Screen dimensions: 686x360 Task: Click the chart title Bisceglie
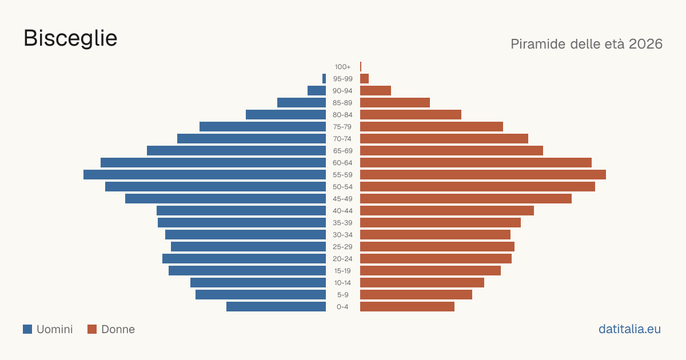(70, 39)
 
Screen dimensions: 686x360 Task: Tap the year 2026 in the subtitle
(645, 44)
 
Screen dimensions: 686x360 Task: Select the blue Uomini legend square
(27, 329)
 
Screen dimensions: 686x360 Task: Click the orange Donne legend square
(92, 329)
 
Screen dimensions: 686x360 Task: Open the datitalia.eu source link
(629, 329)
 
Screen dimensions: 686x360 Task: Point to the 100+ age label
(342, 67)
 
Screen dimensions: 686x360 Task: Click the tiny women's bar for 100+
(361, 66)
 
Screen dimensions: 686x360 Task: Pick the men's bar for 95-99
(324, 79)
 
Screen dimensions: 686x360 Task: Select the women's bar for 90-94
(376, 91)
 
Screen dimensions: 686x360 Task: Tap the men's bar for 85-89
(302, 102)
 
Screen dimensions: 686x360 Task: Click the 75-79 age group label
(342, 127)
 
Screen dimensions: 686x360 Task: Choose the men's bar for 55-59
(205, 174)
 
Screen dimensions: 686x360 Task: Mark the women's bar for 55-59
(483, 174)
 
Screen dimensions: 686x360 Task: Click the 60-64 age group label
(342, 163)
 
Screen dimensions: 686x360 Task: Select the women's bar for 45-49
(466, 199)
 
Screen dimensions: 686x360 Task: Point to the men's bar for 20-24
(244, 259)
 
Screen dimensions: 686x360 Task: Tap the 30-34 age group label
(342, 235)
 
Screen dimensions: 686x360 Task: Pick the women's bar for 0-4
(407, 307)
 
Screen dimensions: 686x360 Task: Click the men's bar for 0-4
(276, 307)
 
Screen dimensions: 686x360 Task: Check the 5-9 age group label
(342, 295)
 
